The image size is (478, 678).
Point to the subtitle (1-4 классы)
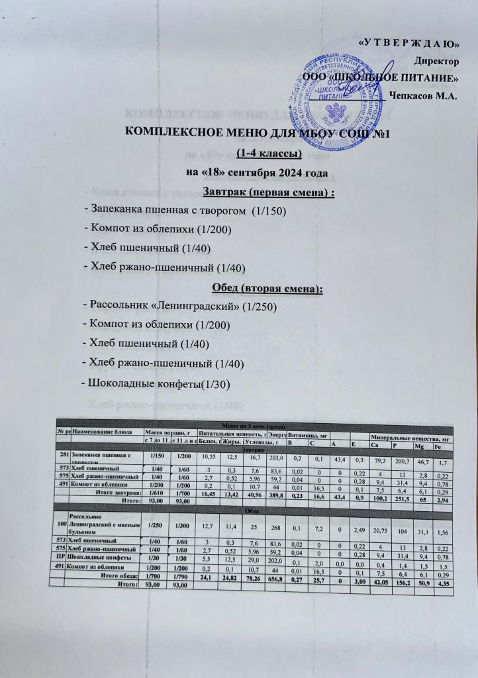pos(269,154)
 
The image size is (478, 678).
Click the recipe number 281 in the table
pos(63,456)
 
